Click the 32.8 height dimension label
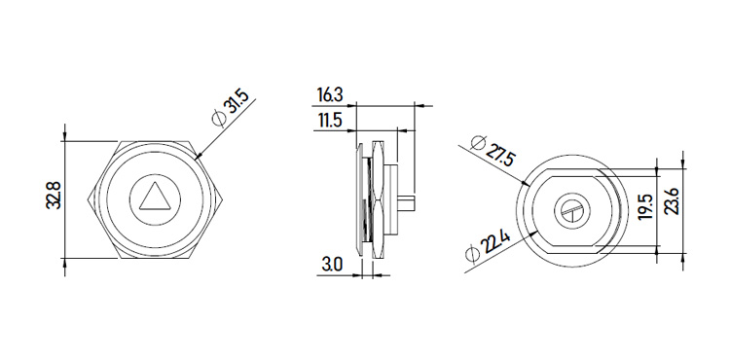tap(54, 196)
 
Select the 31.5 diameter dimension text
tap(237, 105)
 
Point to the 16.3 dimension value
tap(330, 95)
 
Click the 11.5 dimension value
tap(330, 121)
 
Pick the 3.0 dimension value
tap(332, 265)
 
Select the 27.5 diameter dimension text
tap(499, 154)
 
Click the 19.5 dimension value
tap(645, 207)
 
